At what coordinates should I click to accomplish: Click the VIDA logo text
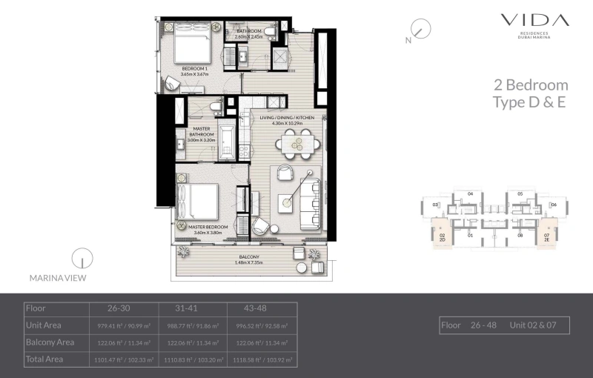[x=534, y=21]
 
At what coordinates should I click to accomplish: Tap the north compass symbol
[x=420, y=31]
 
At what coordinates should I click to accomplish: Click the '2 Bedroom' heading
[x=531, y=85]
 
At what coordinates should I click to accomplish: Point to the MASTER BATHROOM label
[x=201, y=134]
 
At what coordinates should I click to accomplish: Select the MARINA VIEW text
[x=57, y=278]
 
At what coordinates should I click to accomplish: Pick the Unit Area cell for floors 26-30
[x=125, y=325]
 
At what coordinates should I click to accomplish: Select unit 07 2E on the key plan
[x=547, y=236]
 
